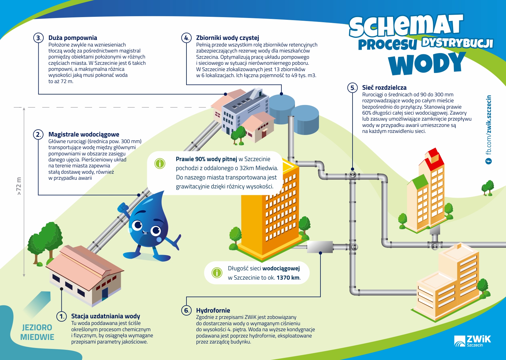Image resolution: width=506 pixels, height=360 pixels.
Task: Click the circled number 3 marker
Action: [x=38, y=38]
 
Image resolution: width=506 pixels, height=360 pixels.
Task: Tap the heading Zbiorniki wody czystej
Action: [x=228, y=38]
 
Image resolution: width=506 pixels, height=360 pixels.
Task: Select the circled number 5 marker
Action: [x=353, y=88]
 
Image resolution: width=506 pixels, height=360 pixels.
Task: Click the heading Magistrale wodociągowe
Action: [x=84, y=134]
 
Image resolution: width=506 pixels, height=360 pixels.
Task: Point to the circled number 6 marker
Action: [x=186, y=310]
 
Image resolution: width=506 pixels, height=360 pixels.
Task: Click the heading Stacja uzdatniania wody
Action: [x=106, y=316]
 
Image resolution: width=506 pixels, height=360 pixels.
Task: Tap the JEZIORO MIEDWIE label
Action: [x=37, y=332]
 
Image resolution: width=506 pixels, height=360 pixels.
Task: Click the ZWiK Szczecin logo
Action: [x=472, y=341]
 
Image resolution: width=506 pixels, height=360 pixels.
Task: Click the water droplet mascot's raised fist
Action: [x=123, y=207]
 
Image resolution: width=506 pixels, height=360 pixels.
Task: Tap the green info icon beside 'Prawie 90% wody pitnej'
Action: [x=160, y=163]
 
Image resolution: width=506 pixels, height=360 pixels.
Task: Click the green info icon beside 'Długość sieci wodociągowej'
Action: [x=217, y=272]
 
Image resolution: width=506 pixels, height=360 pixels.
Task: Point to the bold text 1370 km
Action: [x=288, y=277]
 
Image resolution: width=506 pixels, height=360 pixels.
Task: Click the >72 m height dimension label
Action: [x=19, y=186]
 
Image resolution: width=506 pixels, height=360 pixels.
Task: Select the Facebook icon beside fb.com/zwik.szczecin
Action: [x=488, y=161]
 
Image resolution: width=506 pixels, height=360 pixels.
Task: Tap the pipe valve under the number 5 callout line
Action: [x=353, y=175]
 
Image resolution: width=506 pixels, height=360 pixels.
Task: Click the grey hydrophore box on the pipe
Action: [x=320, y=247]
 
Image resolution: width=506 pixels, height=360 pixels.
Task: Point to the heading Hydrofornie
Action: [x=213, y=310]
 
